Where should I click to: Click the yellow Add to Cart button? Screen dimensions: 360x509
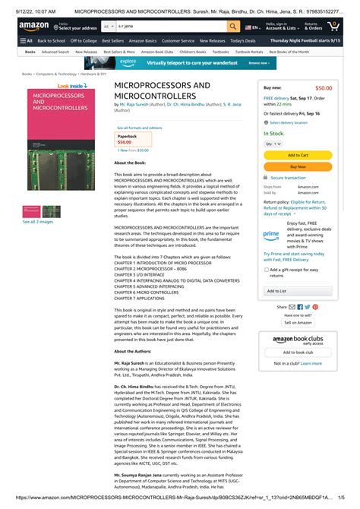tap(298, 155)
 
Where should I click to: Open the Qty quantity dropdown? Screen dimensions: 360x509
tap(269, 143)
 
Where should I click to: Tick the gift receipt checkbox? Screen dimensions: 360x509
tap(266, 270)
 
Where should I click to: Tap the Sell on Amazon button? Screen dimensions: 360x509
tap(298, 322)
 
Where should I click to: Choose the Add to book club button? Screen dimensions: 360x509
tap(298, 352)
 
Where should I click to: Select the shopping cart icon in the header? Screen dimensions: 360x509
tap(334, 26)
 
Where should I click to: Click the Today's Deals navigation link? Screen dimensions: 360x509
tap(243, 40)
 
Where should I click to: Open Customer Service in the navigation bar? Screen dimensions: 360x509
tap(178, 40)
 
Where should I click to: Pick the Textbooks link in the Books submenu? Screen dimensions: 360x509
tap(220, 52)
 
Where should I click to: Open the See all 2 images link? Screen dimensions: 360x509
tap(36, 222)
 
